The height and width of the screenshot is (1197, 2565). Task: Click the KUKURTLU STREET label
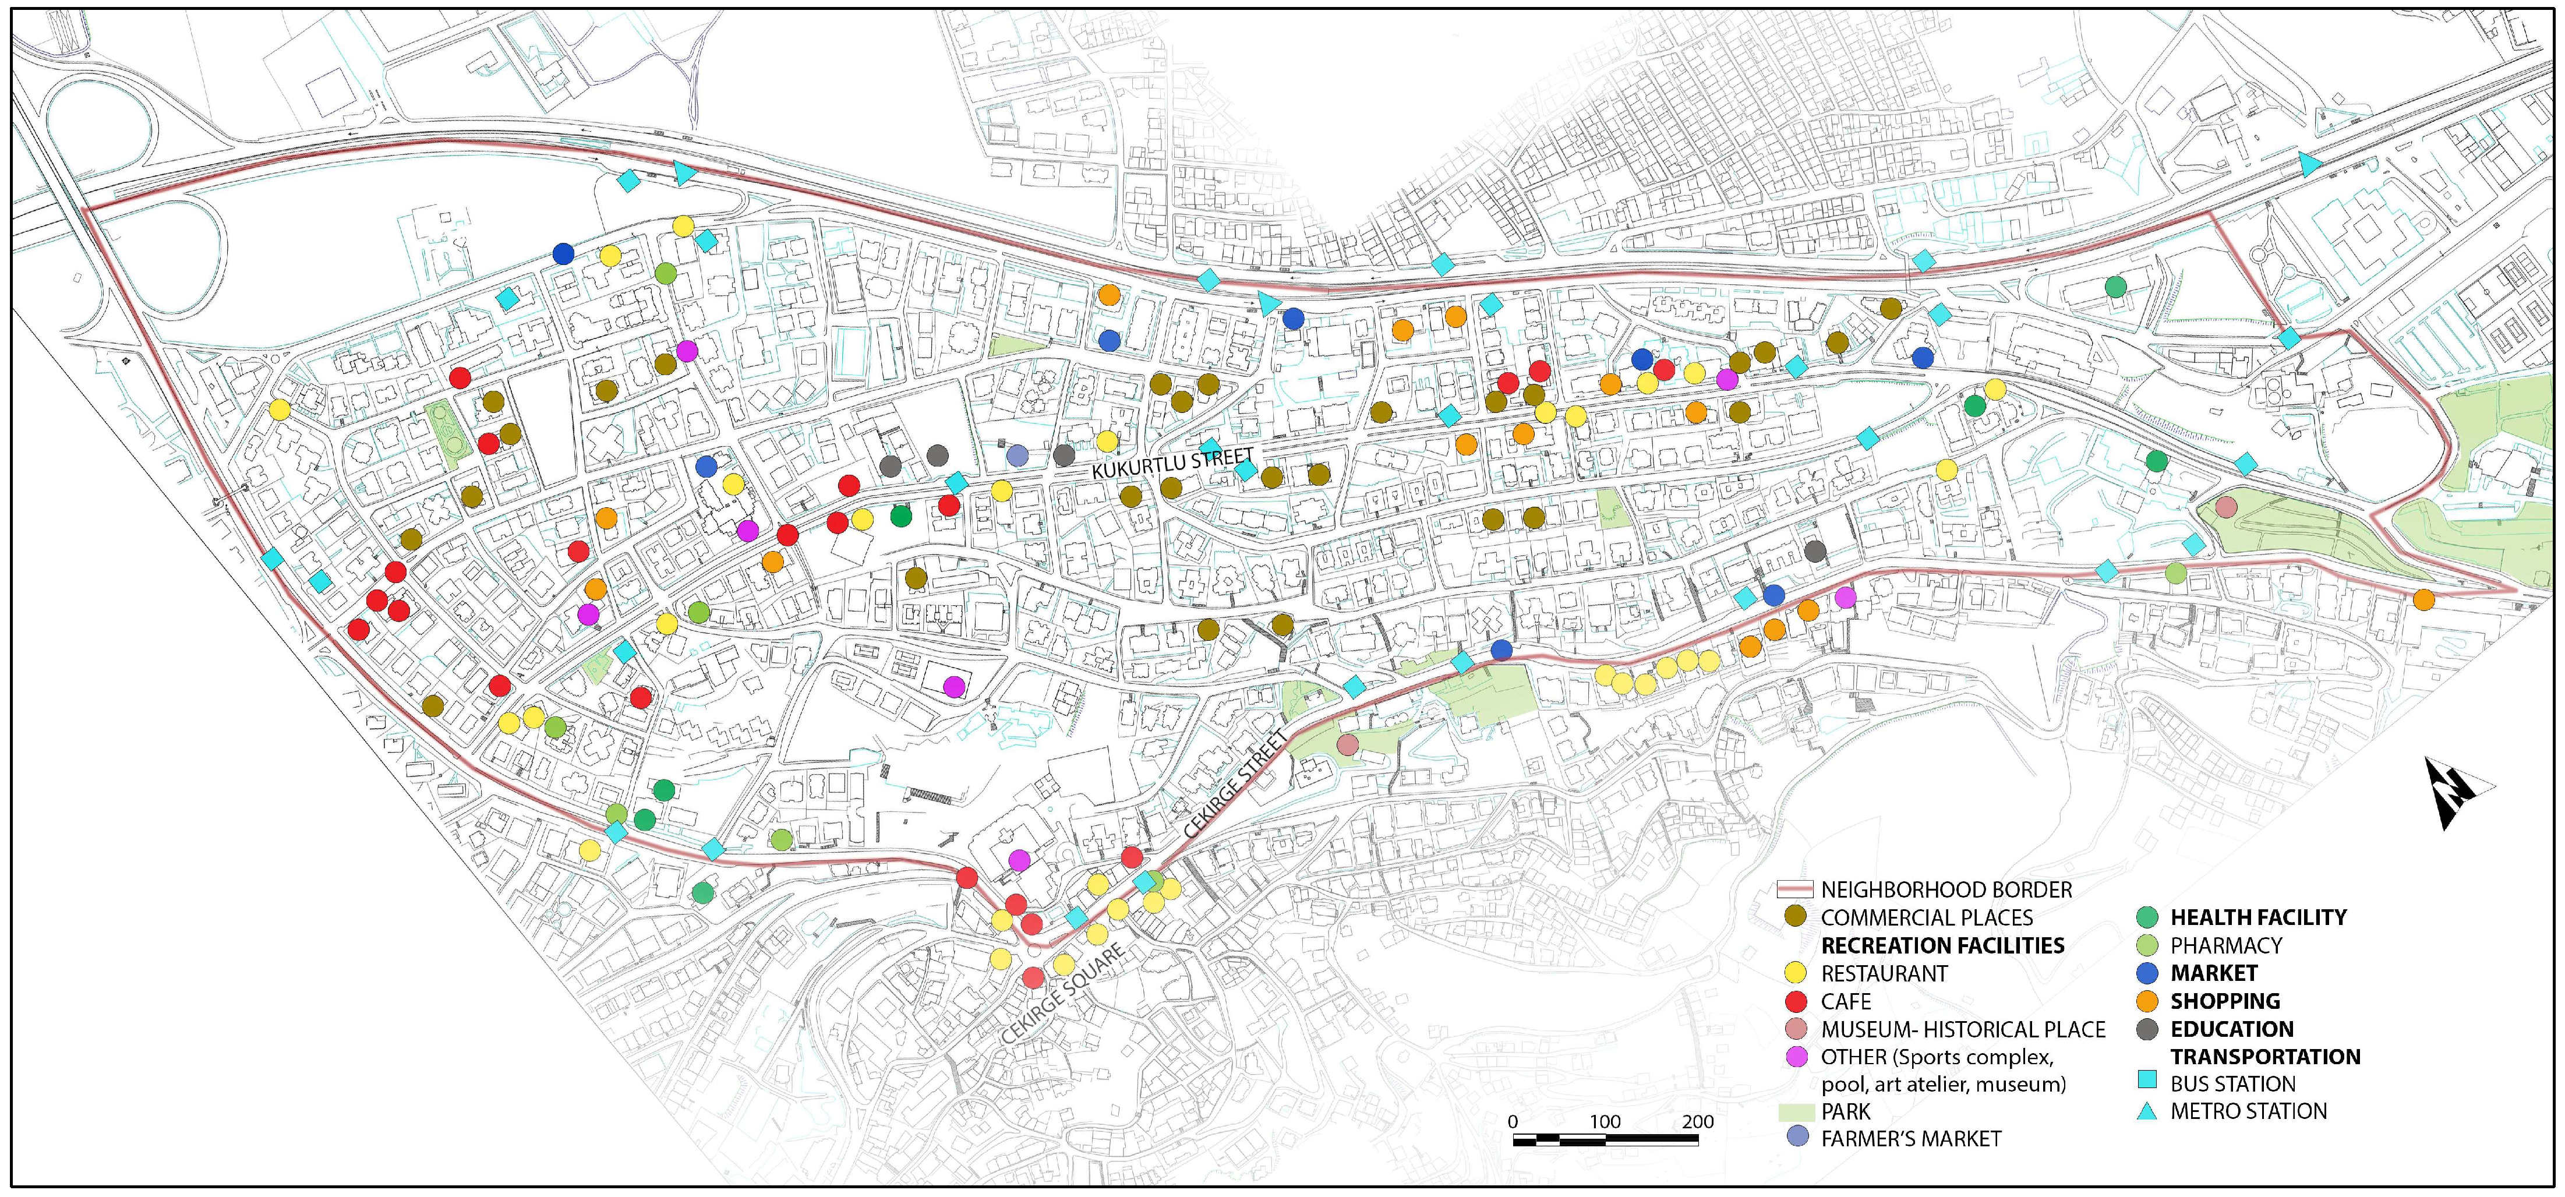(x=1173, y=465)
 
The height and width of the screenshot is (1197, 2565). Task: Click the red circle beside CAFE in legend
(x=1797, y=1001)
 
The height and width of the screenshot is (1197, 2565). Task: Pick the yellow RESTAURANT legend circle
(x=1797, y=973)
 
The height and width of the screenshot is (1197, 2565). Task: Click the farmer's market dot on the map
(x=1017, y=455)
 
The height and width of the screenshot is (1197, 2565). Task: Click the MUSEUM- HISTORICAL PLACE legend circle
(x=1797, y=1029)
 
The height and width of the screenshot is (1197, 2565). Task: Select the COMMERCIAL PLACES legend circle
(x=1797, y=917)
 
